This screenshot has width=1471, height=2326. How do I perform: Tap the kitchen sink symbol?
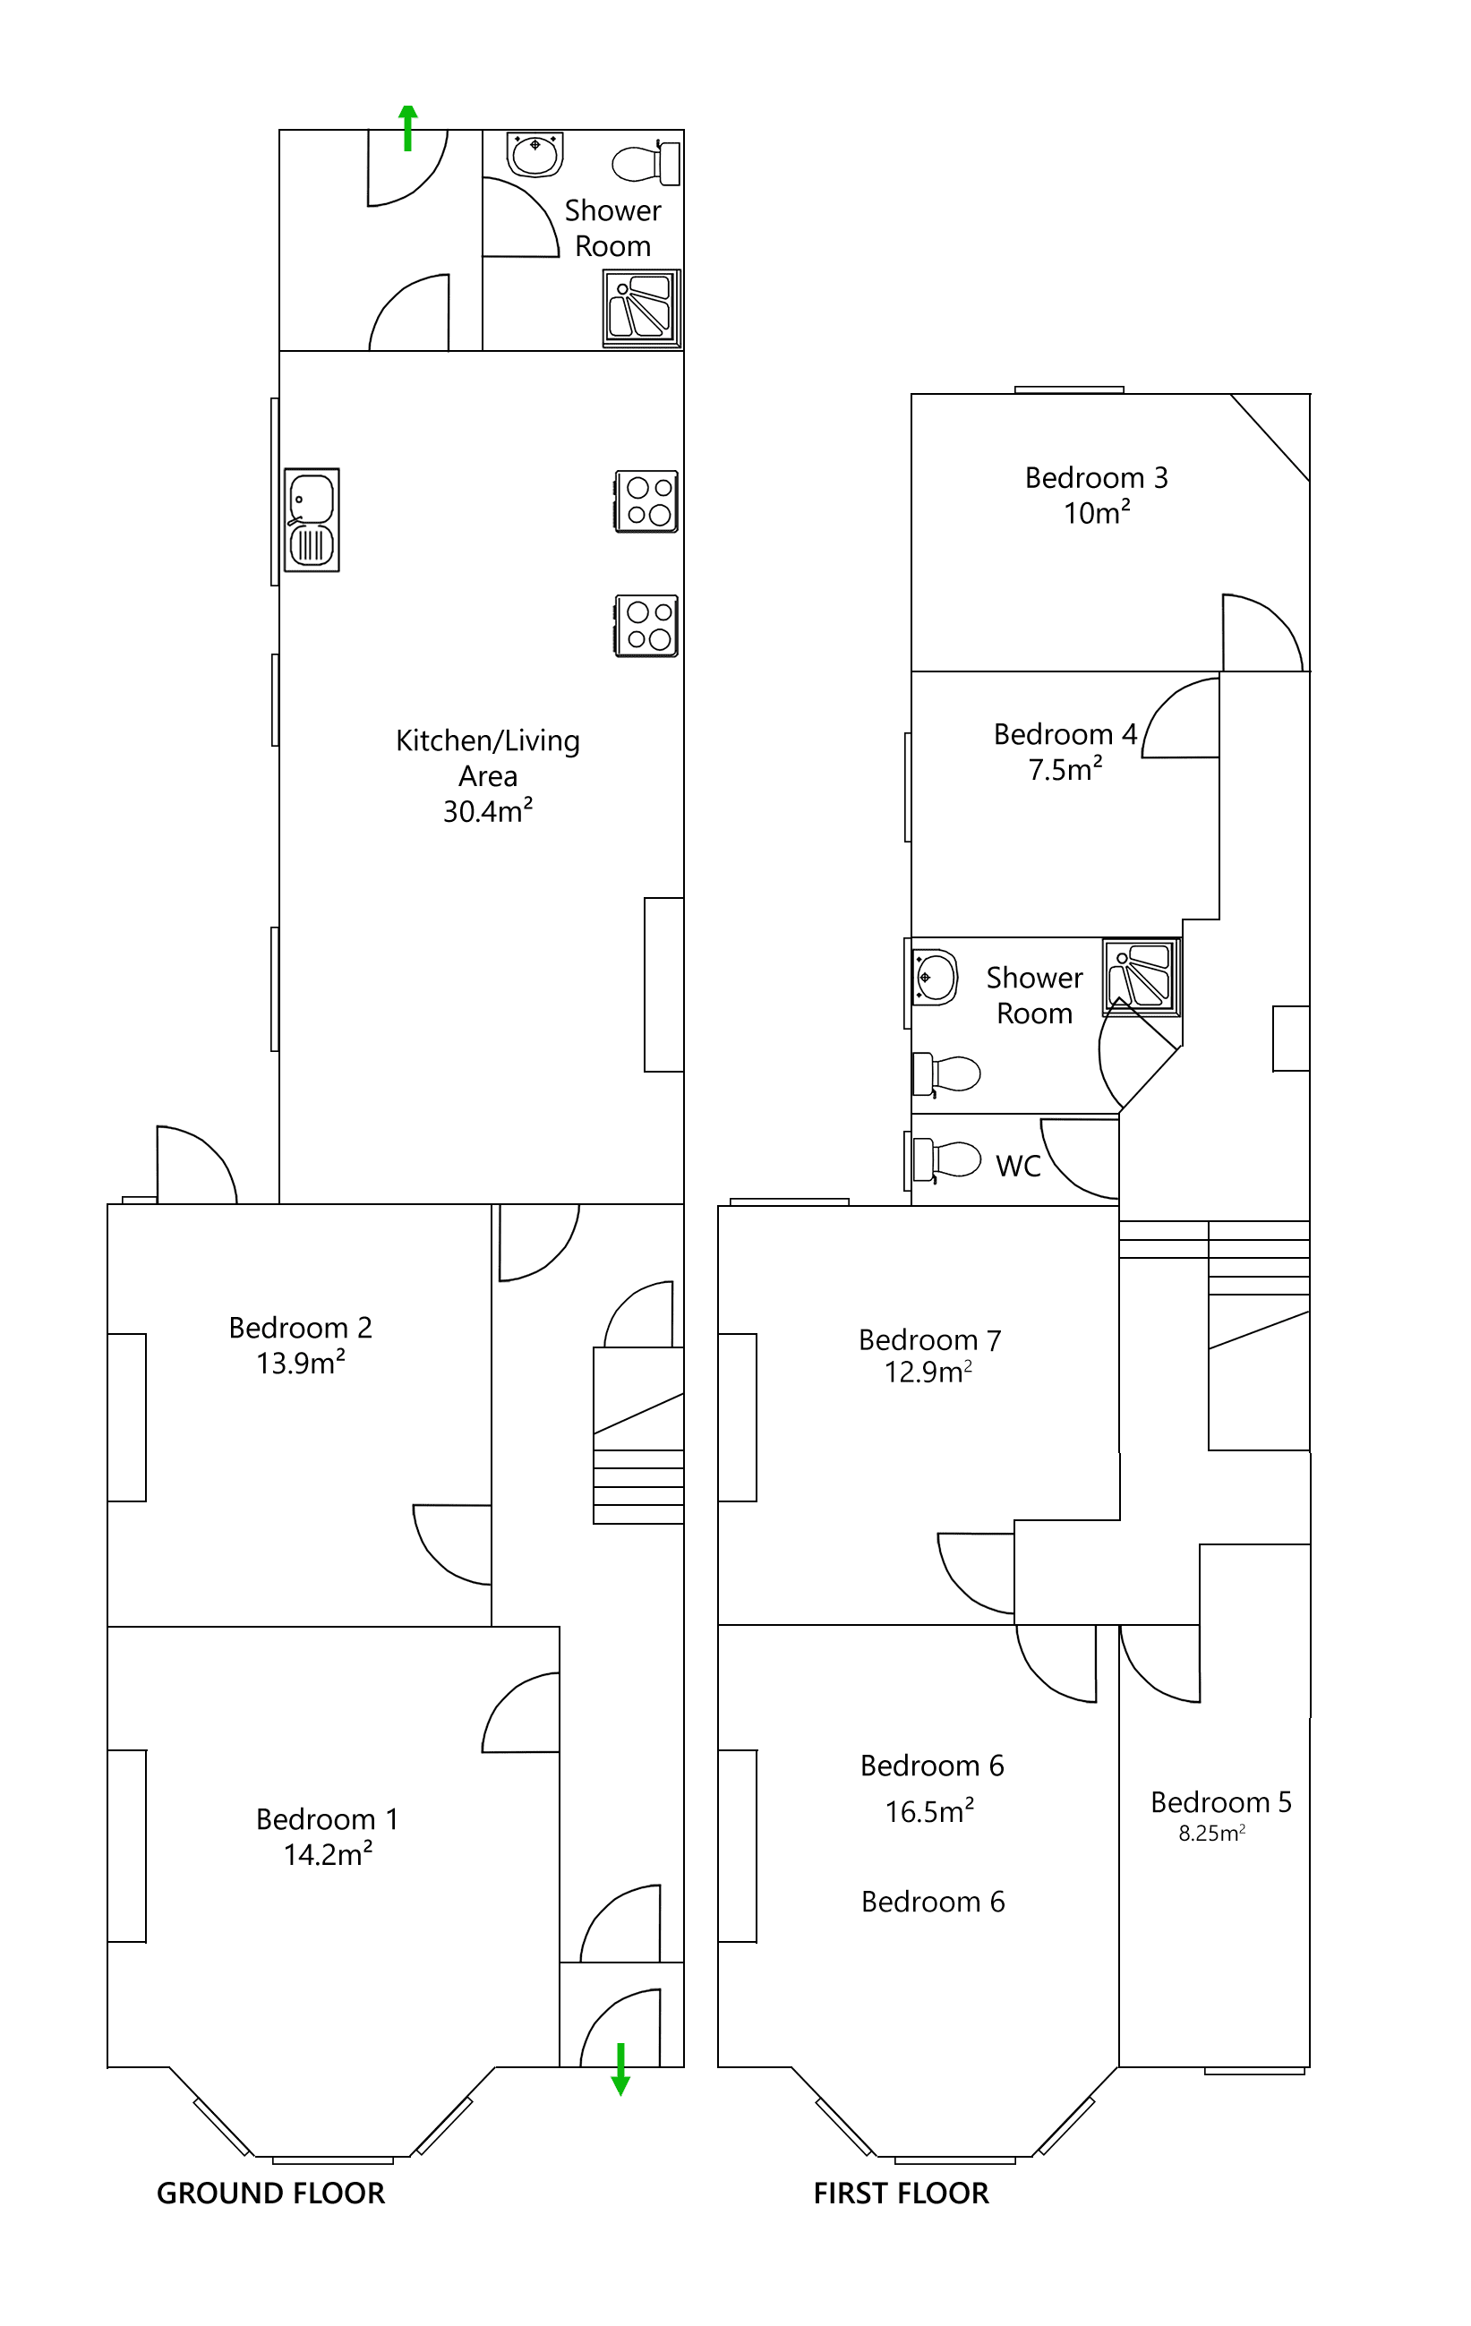click(x=312, y=521)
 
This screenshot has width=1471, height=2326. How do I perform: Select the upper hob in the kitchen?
click(x=647, y=501)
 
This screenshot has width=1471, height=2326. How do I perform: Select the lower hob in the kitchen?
click(x=647, y=626)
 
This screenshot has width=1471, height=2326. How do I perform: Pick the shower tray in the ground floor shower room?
click(x=642, y=308)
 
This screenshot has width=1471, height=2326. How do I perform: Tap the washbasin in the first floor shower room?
click(x=935, y=977)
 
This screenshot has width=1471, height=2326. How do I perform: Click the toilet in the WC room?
click(x=946, y=1159)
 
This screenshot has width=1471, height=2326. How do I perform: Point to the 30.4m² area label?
click(x=488, y=811)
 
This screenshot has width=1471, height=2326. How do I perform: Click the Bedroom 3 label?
click(x=1096, y=478)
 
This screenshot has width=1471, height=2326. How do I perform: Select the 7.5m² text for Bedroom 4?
click(x=1065, y=770)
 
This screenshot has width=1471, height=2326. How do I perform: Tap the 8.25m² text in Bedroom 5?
click(x=1211, y=1834)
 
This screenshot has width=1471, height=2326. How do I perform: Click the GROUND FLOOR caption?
click(x=270, y=2193)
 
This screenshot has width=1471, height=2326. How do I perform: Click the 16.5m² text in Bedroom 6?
click(x=929, y=1811)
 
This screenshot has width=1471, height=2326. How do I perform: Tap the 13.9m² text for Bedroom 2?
click(x=301, y=1363)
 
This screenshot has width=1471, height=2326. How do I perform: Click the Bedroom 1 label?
click(x=328, y=1819)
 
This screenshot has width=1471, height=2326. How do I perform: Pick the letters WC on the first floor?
click(x=1018, y=1166)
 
